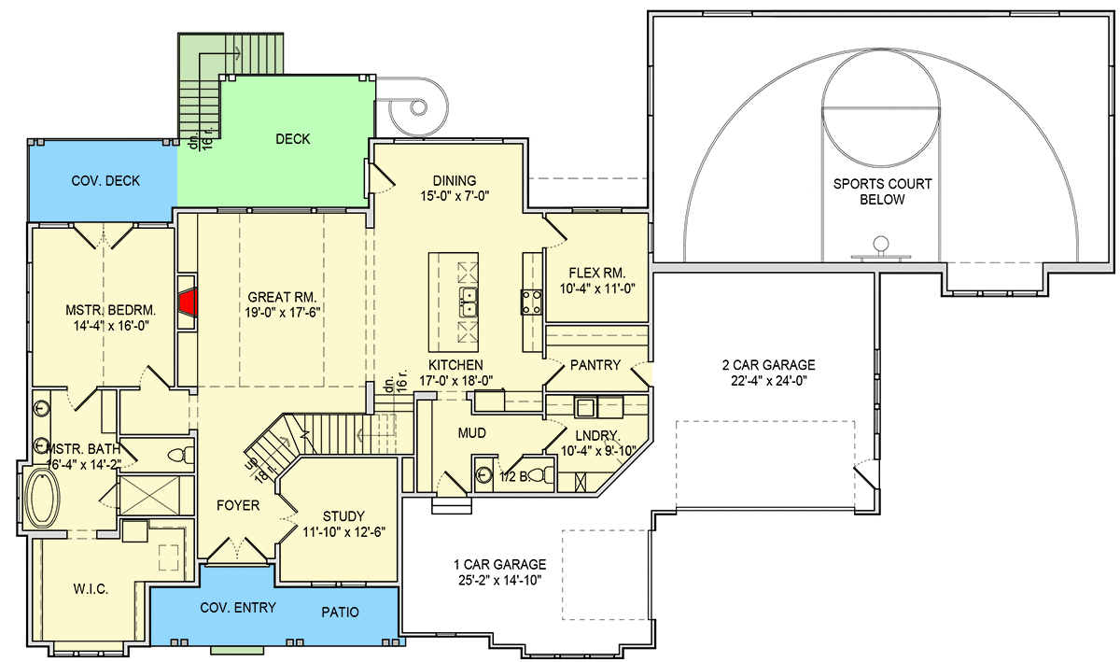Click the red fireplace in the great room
coord(189,303)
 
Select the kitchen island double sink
coord(468,302)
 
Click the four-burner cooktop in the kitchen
coord(531,303)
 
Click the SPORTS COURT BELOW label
coord(883,191)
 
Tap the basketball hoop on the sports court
coord(881,248)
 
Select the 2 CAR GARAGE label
coord(768,365)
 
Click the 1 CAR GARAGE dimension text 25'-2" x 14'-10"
coord(500,581)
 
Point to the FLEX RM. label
coord(597,273)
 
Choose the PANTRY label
coord(595,365)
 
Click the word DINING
coord(454,180)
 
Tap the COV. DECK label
coord(105,180)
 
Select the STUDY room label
coord(343,516)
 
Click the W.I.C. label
coord(91,589)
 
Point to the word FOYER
coord(238,505)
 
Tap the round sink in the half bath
coord(483,473)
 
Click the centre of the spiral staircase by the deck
coord(418,107)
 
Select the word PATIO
coord(340,612)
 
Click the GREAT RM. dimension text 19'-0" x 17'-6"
coord(283,312)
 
